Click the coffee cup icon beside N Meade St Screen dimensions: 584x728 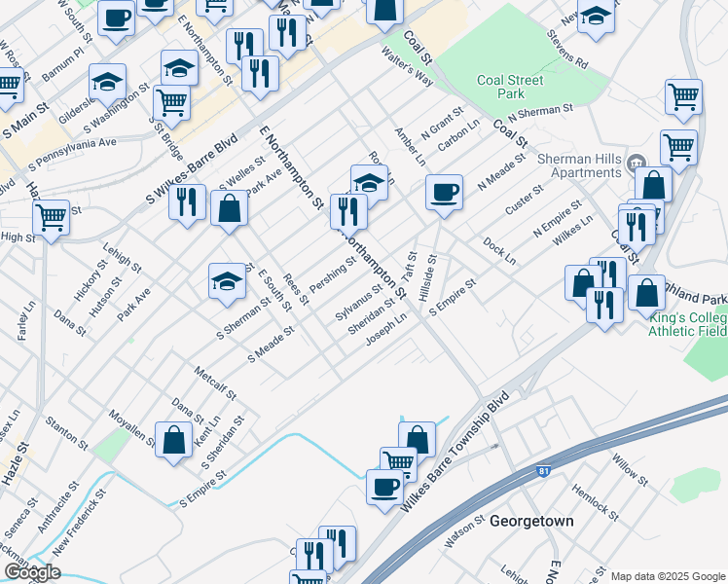click(x=444, y=192)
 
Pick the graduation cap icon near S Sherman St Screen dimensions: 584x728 click(x=226, y=282)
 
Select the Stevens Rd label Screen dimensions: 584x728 click(x=567, y=50)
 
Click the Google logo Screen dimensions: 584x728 click(x=32, y=572)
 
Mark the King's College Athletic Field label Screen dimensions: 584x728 click(x=688, y=322)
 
